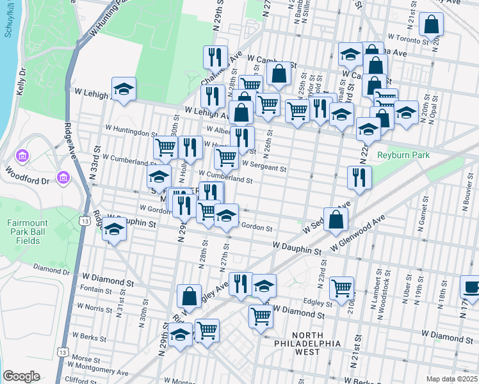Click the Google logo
(x=21, y=376)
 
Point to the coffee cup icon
(x=470, y=287)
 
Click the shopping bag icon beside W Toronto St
(x=432, y=25)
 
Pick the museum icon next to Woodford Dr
(x=63, y=177)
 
